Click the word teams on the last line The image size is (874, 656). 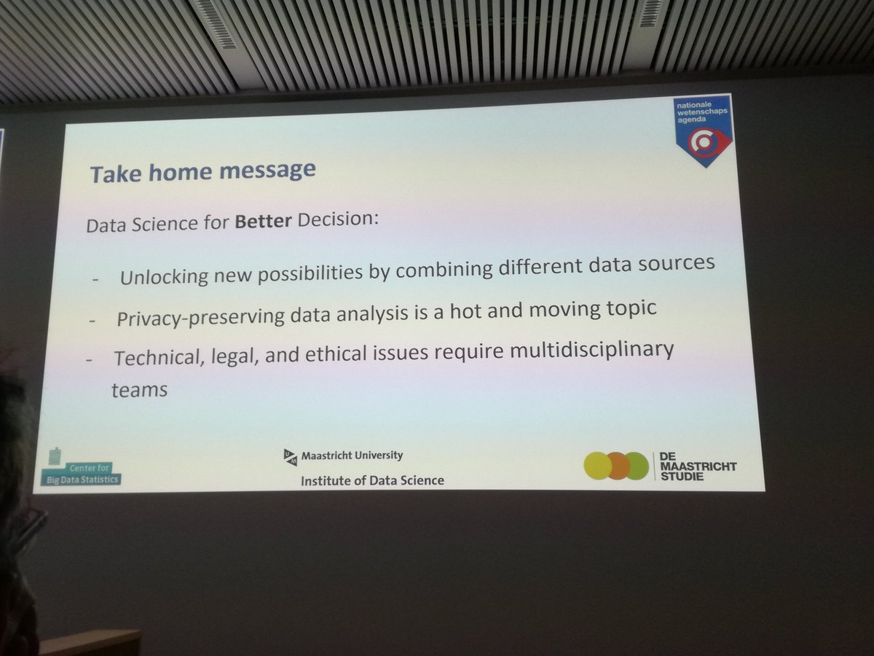coord(139,390)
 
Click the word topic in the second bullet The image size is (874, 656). coord(625,308)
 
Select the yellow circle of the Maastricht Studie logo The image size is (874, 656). coord(598,466)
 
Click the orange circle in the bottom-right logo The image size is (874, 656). coord(618,466)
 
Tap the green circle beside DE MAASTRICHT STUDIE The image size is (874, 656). coord(636,466)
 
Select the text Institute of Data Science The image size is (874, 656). coord(372,480)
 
